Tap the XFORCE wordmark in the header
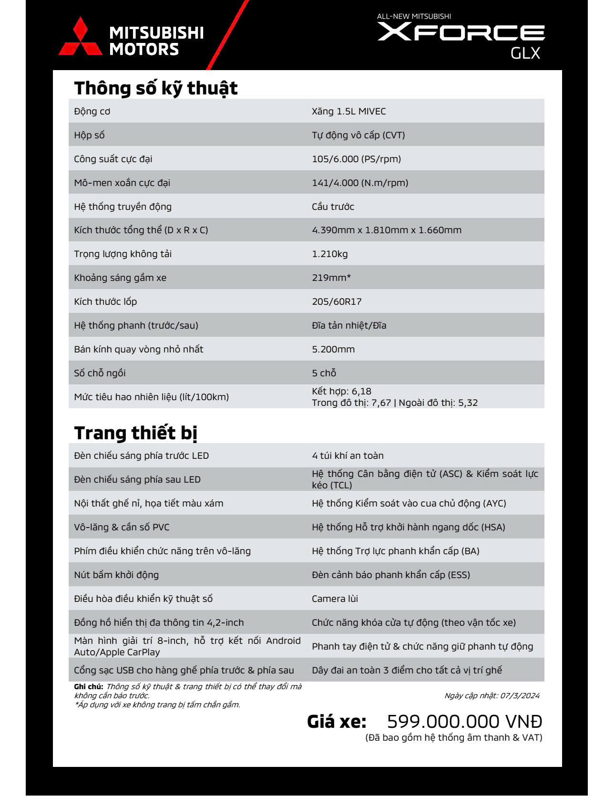(x=461, y=32)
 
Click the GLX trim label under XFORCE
(x=525, y=53)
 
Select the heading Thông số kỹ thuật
(x=155, y=88)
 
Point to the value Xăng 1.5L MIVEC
(x=348, y=112)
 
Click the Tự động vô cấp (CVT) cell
(x=358, y=135)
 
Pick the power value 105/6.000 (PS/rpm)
(x=356, y=159)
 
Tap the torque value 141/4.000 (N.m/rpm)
(x=360, y=183)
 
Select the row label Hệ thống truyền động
(x=123, y=207)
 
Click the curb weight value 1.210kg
(x=329, y=254)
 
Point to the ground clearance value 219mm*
(x=331, y=278)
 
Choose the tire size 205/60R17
(x=337, y=302)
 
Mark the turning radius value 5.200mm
(x=333, y=350)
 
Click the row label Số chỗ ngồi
(x=100, y=373)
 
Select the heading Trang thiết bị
(x=135, y=433)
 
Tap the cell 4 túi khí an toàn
(x=348, y=456)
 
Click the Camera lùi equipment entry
(x=335, y=599)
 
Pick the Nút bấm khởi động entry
(x=116, y=575)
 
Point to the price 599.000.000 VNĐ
(x=464, y=722)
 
